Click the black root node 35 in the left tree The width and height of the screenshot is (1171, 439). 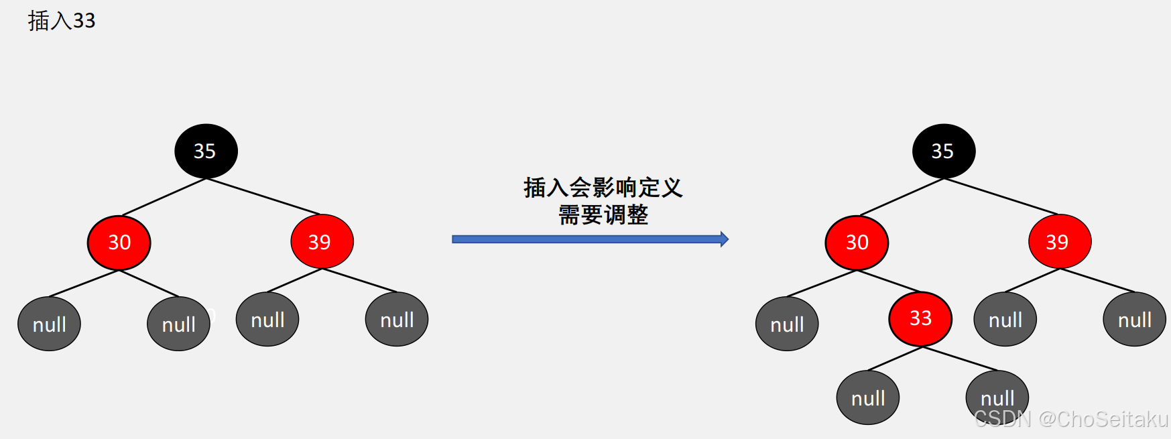tap(206, 151)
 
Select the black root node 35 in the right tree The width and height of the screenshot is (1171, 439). tap(943, 151)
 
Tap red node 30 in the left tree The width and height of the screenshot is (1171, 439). tap(119, 242)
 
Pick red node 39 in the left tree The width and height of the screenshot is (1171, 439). tap(322, 241)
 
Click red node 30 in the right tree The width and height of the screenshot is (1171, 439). tap(857, 242)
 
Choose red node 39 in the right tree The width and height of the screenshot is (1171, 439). tap(1059, 241)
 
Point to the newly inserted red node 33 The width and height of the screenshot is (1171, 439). tap(920, 318)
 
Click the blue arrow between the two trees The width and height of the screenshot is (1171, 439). tap(590, 239)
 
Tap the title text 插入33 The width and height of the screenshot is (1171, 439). tap(62, 21)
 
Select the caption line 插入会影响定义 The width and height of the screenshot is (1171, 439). tap(603, 188)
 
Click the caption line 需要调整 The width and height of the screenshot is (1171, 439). tap(603, 215)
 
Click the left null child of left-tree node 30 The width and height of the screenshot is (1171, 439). tap(49, 324)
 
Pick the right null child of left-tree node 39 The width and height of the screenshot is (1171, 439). tap(397, 320)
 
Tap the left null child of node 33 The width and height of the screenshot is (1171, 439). tap(868, 398)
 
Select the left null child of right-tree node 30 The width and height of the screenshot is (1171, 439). tap(787, 324)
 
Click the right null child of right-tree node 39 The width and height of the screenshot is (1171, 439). tap(1134, 320)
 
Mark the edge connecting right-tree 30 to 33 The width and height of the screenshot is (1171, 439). tap(889, 281)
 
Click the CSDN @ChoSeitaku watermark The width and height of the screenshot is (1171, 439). tap(1071, 420)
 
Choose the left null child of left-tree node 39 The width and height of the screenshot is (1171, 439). tap(267, 320)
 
